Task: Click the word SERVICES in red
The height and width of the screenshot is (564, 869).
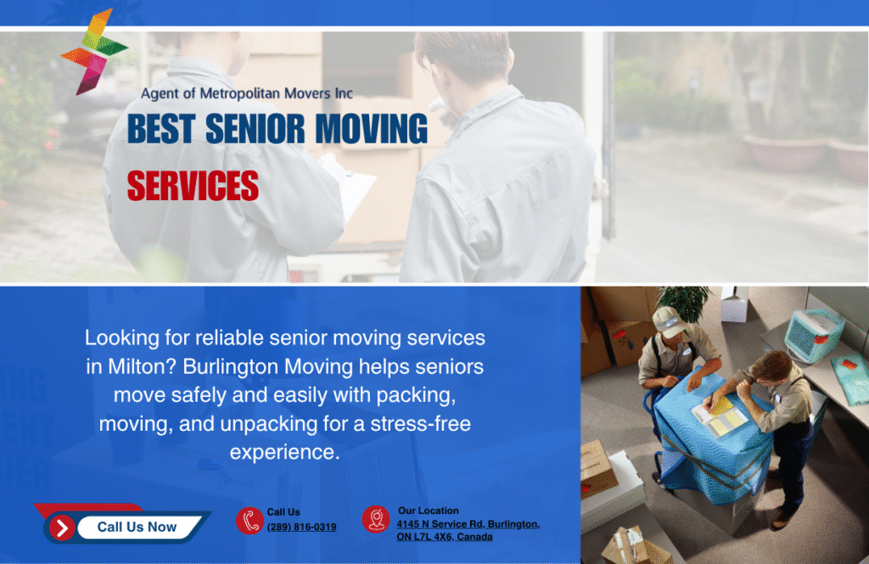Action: (193, 186)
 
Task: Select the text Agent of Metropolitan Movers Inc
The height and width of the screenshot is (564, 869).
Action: (246, 93)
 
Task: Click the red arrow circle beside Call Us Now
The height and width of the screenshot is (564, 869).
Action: (61, 528)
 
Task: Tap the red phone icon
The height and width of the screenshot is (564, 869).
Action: (249, 520)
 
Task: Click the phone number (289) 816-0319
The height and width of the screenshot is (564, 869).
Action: (301, 528)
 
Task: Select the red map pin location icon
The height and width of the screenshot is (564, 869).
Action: (375, 519)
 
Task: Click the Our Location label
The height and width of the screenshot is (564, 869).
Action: (428, 511)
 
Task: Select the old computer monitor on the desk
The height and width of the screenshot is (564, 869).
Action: (813, 334)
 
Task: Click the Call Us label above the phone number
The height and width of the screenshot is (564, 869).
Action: (283, 512)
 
